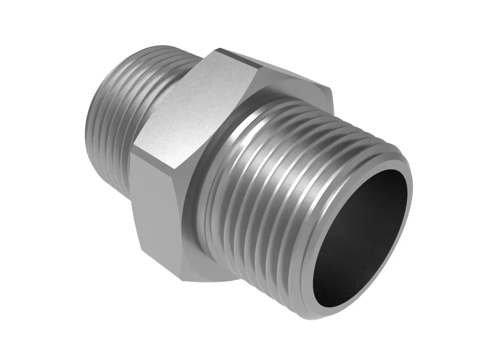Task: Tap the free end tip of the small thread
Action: click(90, 120)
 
